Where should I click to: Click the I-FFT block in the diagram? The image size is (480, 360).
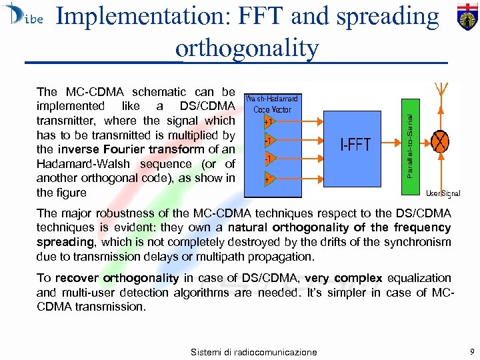[355, 145]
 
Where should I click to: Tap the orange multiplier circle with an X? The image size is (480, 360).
[440, 142]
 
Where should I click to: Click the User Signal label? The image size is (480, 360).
[443, 193]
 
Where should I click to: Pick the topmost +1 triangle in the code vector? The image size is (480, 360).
[267, 122]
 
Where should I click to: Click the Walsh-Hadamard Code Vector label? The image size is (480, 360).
[273, 104]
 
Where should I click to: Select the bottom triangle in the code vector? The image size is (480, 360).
[267, 179]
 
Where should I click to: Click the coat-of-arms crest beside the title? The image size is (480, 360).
[467, 16]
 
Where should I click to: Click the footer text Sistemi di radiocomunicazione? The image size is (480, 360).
[253, 351]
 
